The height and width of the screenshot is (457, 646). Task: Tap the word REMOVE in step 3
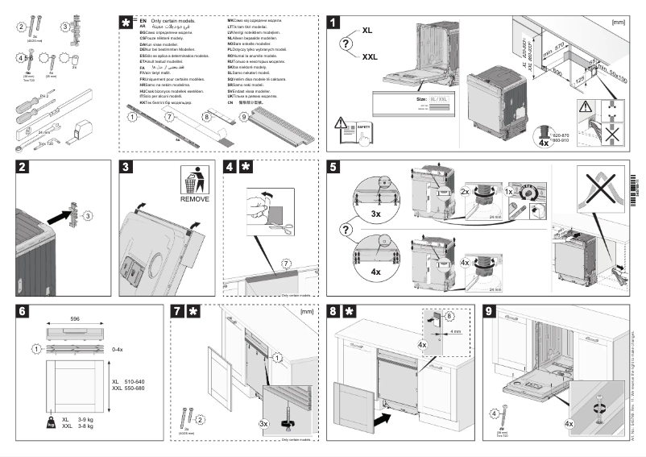pos(194,198)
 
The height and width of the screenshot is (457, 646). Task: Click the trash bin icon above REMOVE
pos(194,180)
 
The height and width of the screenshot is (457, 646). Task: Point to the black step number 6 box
pos(24,310)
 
